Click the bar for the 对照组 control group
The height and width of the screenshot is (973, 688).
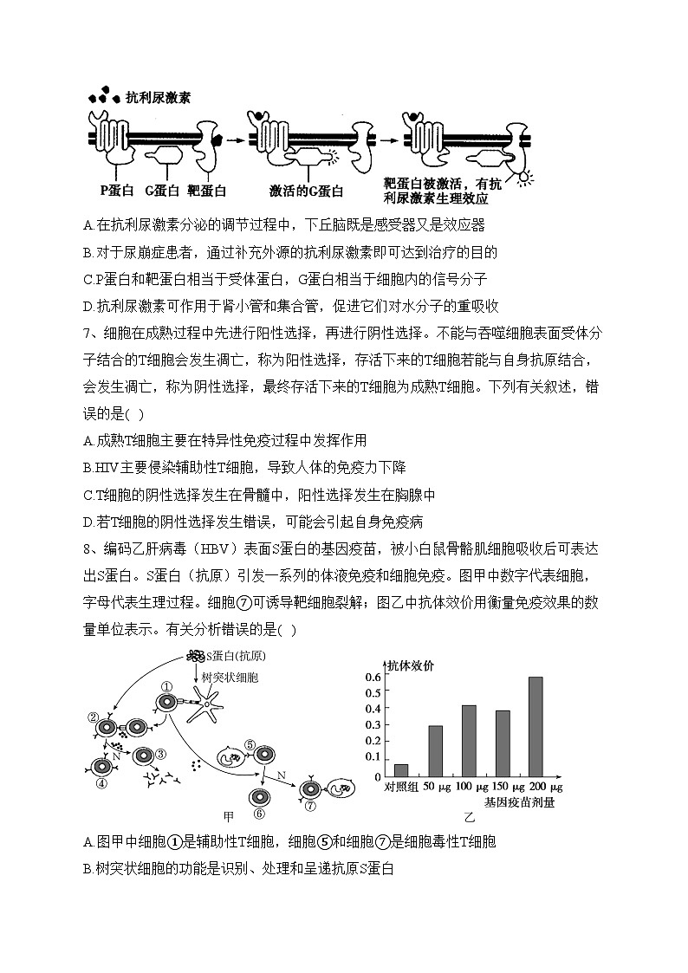[x=401, y=769]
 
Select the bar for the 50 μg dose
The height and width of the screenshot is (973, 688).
[x=435, y=750]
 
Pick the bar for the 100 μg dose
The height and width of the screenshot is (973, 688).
[x=469, y=741]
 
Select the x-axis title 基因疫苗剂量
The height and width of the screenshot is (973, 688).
[x=519, y=802]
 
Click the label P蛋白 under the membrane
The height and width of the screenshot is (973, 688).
[x=117, y=190]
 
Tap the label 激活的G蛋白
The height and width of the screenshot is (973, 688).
[x=306, y=191]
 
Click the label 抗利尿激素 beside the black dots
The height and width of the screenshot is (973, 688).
[x=158, y=98]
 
